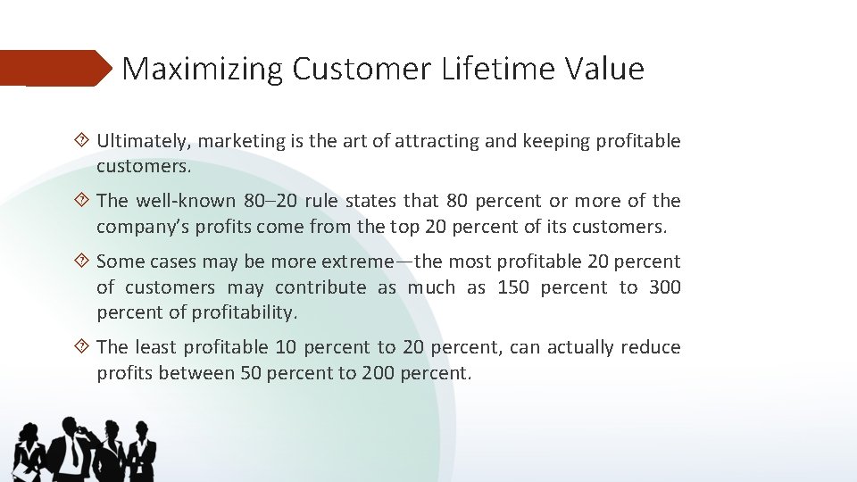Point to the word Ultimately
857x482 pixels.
tap(144, 141)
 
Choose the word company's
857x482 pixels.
tap(144, 227)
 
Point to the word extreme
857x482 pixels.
tap(357, 262)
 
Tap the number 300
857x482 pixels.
tap(664, 287)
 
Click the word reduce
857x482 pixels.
tap(651, 347)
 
